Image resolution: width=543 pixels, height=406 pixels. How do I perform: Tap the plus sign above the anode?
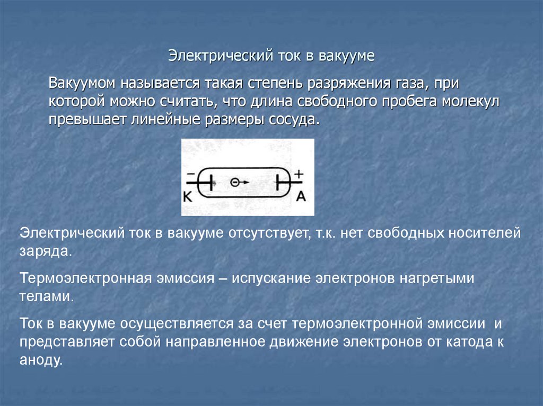click(299, 173)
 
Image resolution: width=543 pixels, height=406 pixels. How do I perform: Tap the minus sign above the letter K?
click(190, 174)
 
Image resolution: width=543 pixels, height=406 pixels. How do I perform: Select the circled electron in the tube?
click(235, 182)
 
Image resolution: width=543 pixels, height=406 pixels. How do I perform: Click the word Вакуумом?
click(83, 84)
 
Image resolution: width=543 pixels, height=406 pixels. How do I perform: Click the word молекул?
click(471, 101)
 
